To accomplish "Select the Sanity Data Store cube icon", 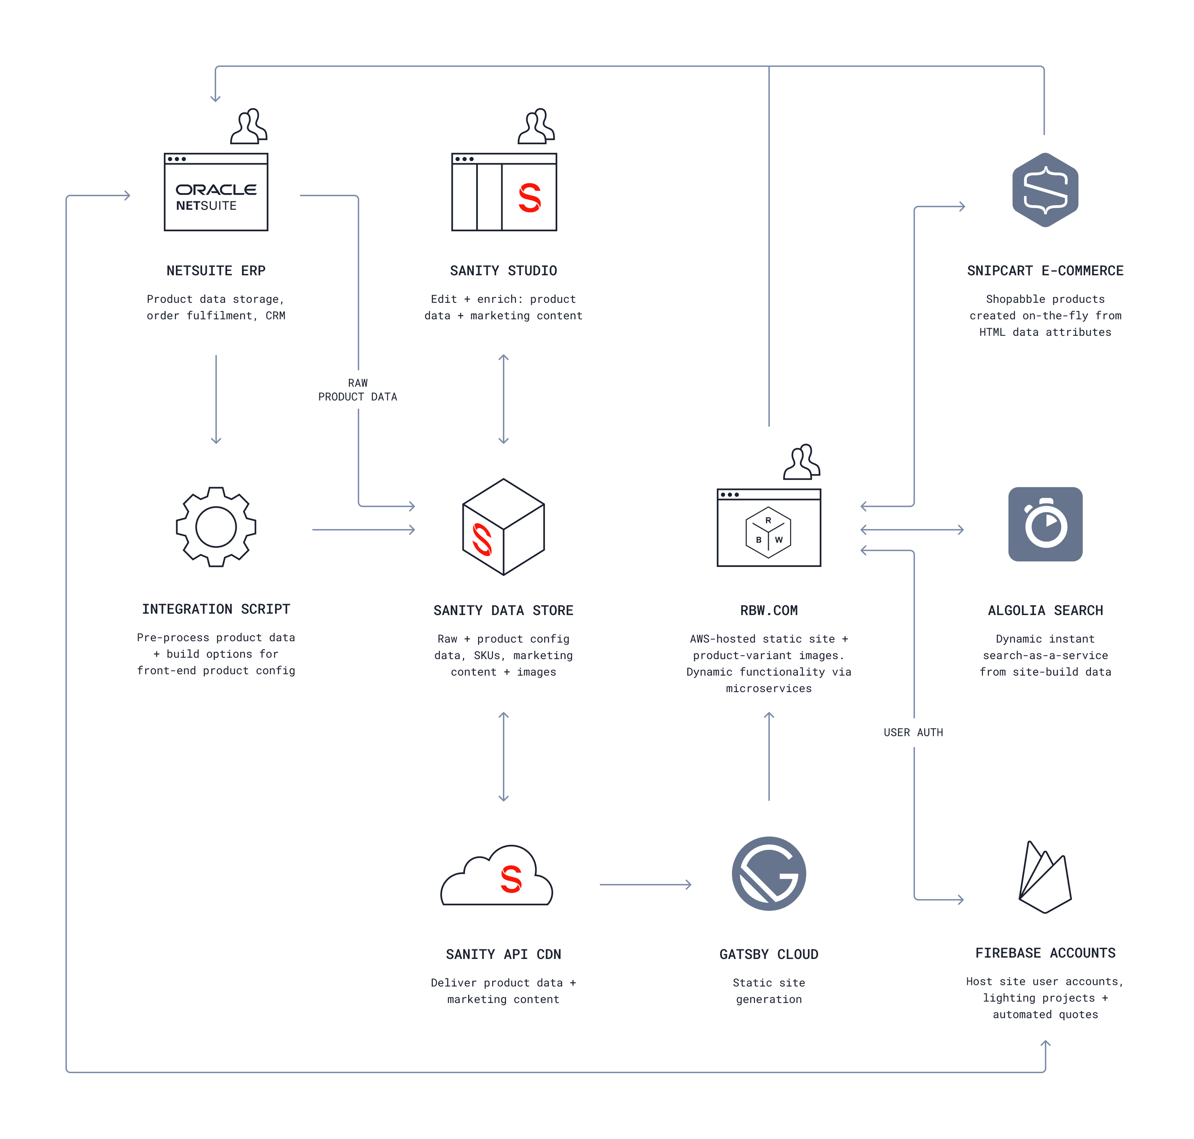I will point(503,526).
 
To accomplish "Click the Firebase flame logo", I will point(1044,877).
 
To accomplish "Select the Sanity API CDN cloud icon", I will point(497,877).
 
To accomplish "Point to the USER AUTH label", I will point(913,732).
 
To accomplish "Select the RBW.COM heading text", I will point(768,610).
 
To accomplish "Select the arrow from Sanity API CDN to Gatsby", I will point(645,885).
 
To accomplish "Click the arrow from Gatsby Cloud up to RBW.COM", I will point(768,756).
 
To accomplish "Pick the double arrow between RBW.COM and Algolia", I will point(912,530).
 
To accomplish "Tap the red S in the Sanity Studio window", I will point(529,198).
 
